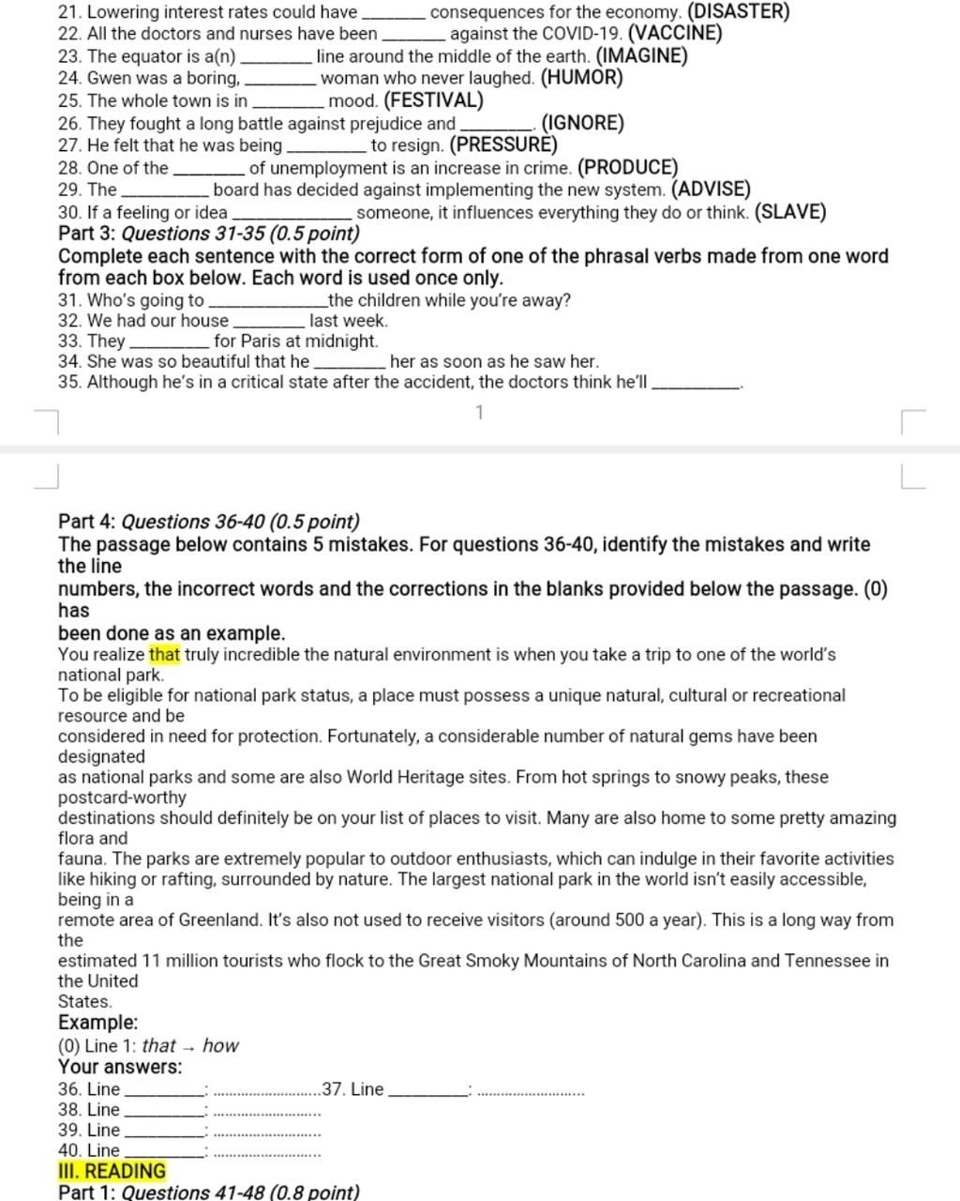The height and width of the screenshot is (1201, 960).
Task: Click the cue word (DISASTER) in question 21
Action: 738,12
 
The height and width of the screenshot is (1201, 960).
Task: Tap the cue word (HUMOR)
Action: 581,78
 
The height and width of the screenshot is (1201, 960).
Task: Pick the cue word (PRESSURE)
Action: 503,145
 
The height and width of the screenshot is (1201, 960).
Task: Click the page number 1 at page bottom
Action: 480,413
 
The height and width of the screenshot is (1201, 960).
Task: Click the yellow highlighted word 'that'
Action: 164,655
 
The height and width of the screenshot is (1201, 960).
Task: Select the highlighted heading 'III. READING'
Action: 112,1171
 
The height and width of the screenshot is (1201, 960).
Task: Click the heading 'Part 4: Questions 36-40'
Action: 208,522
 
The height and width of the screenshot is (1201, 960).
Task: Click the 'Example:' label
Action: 97,1023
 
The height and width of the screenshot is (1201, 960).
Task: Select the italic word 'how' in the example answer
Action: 220,1045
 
